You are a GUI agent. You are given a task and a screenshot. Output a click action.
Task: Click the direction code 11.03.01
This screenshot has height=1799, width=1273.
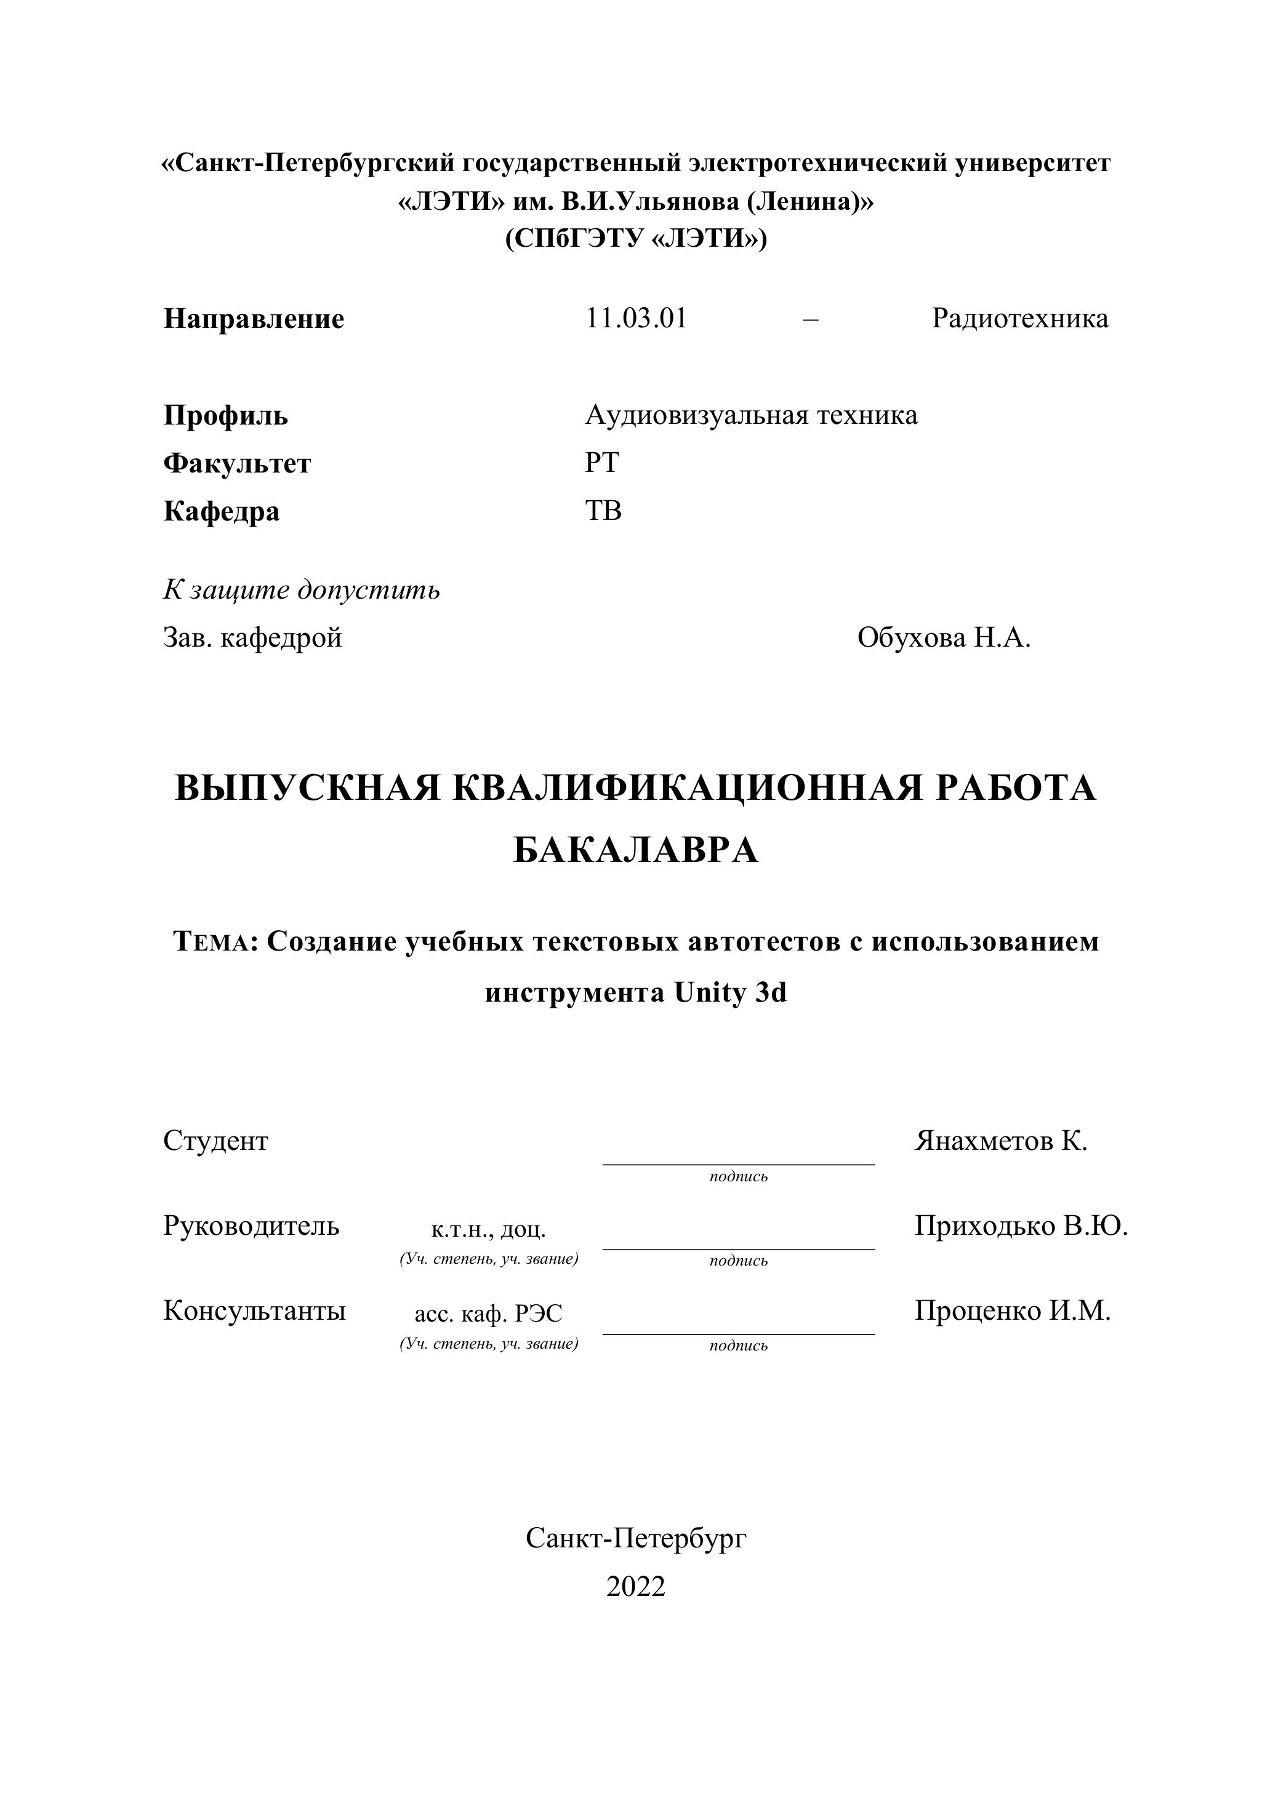pyautogui.click(x=636, y=319)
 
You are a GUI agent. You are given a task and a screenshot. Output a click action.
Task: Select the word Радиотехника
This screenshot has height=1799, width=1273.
pyautogui.click(x=1020, y=319)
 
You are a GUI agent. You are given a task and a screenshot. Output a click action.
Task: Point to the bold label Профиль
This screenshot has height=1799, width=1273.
pyautogui.click(x=226, y=415)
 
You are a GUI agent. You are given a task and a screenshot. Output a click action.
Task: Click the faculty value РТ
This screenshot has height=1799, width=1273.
pyautogui.click(x=601, y=463)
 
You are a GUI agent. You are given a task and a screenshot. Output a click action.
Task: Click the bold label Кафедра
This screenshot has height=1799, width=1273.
pyautogui.click(x=222, y=512)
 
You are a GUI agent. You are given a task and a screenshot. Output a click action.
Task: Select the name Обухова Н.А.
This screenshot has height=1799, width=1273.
pyautogui.click(x=944, y=638)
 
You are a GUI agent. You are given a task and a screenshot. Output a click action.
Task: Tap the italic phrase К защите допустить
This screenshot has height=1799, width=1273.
pyautogui.click(x=302, y=589)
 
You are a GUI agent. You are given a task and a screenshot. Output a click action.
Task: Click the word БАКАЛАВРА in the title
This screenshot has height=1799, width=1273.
pyautogui.click(x=636, y=850)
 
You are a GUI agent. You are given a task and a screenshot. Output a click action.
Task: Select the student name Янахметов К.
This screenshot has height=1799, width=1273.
pyautogui.click(x=1001, y=1141)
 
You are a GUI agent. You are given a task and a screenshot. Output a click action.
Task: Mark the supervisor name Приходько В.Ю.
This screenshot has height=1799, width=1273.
pyautogui.click(x=1021, y=1226)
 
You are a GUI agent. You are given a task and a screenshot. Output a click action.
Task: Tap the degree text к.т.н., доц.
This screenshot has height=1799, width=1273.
pyautogui.click(x=488, y=1229)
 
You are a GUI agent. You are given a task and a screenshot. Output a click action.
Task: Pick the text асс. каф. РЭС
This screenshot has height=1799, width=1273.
pyautogui.click(x=488, y=1314)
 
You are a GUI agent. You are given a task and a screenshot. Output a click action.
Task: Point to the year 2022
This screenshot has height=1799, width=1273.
pyautogui.click(x=636, y=1586)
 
